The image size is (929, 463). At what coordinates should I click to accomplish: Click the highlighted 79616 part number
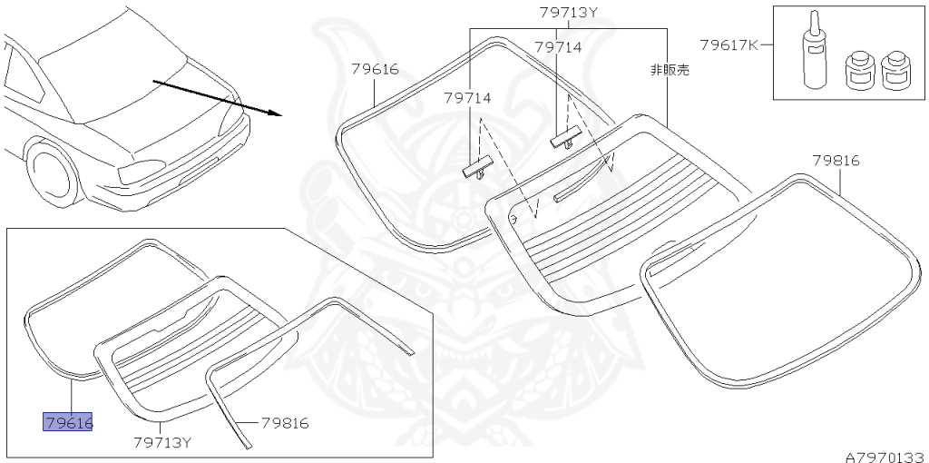(68, 422)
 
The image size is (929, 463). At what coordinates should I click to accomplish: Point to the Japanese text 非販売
(669, 69)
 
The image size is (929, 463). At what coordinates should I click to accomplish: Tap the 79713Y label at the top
(568, 13)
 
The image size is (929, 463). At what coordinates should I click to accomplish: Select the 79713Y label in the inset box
(162, 442)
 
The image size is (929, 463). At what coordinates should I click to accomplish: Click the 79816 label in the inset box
(285, 423)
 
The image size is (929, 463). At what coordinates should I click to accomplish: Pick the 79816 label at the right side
(836, 161)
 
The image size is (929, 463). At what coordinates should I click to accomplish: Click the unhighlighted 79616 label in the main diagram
(375, 68)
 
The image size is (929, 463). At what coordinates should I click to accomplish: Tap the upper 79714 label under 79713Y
(558, 47)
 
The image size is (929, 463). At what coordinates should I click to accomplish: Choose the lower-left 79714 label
(467, 97)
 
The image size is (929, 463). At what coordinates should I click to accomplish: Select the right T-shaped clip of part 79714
(564, 137)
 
